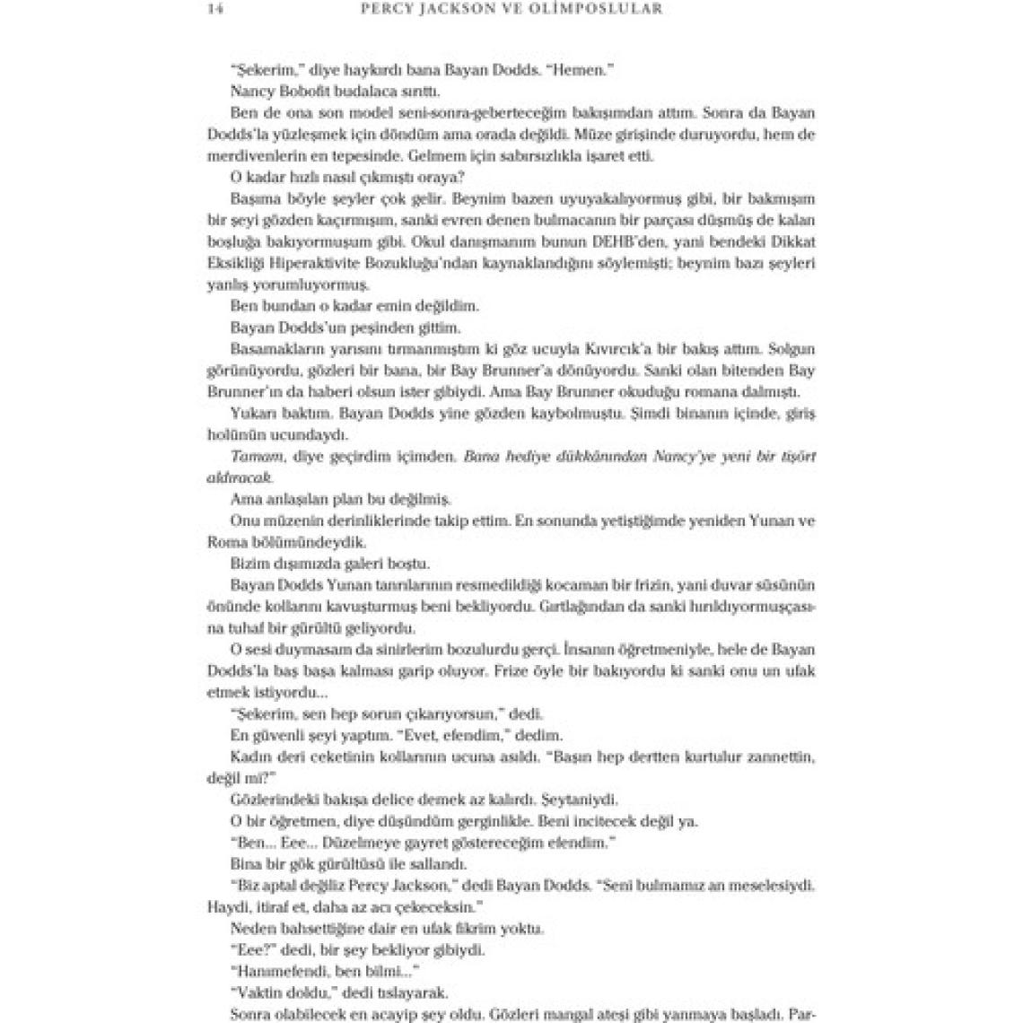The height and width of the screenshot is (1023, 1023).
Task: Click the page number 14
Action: click(214, 9)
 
